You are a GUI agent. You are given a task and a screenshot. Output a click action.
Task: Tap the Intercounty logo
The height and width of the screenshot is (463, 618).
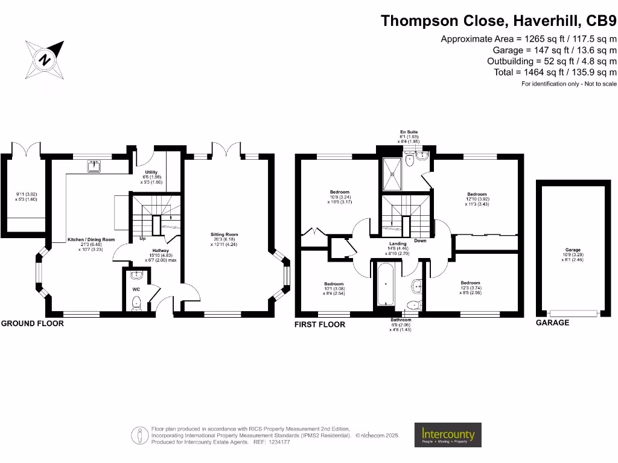coord(447,435)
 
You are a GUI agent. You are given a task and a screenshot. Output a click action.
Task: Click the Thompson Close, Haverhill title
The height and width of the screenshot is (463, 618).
coord(499,21)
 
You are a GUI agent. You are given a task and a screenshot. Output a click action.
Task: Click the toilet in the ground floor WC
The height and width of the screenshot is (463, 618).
coord(136,303)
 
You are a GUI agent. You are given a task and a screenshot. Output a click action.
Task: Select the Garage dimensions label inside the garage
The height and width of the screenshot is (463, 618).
coord(573,253)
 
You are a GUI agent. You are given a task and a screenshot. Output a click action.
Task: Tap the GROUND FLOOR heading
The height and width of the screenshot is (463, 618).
coord(32,324)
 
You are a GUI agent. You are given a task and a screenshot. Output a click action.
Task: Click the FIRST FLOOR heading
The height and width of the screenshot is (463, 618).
coord(320,324)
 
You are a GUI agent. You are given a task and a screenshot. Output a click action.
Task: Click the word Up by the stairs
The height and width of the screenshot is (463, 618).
coord(142,239)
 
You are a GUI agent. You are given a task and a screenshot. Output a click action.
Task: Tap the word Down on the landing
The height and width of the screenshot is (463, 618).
coord(421,241)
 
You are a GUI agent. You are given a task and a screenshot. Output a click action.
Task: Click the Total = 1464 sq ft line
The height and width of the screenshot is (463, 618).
coord(555,72)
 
